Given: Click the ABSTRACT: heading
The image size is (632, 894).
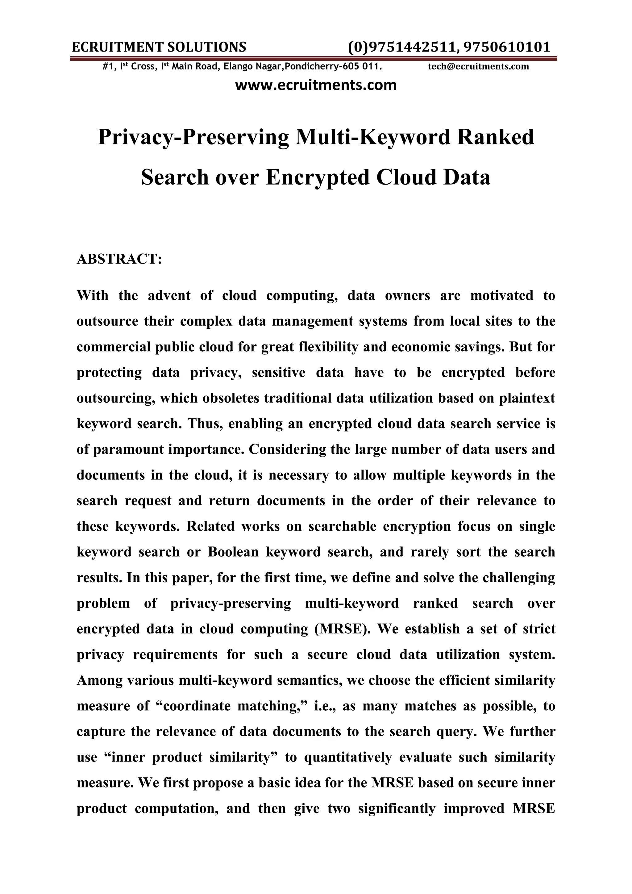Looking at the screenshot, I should click(119, 259).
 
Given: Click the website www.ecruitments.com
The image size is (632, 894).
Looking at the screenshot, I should click(316, 85).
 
